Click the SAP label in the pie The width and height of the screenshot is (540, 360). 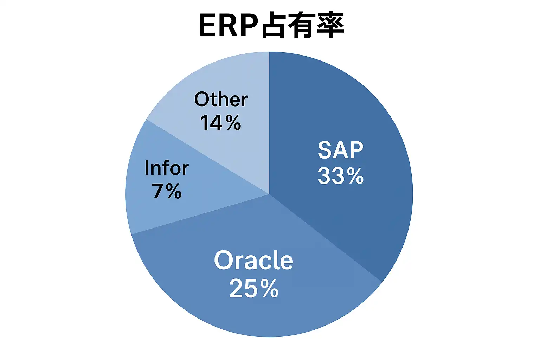click(340, 150)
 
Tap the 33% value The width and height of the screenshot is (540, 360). click(340, 176)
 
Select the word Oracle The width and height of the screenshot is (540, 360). click(253, 261)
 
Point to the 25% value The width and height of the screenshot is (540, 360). click(254, 288)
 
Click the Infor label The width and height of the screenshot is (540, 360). click(167, 168)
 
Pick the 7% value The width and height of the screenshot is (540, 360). click(167, 191)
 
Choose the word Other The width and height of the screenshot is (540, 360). click(221, 99)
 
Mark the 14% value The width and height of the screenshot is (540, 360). click(220, 122)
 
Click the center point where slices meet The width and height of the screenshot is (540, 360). click(269, 194)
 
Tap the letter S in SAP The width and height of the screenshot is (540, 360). click(324, 150)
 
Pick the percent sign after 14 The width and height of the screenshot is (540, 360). click(233, 122)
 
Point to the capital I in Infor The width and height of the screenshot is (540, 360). click(146, 168)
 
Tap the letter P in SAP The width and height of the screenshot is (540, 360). click(356, 150)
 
